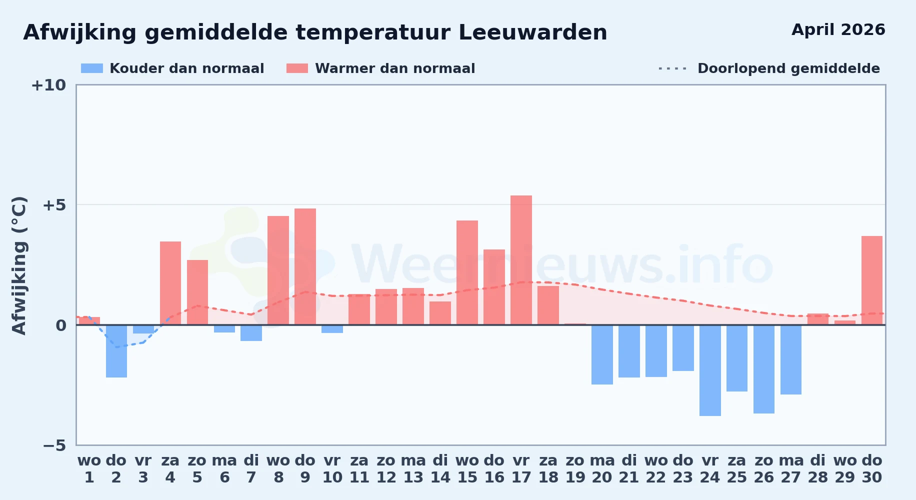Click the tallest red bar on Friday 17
click(x=521, y=260)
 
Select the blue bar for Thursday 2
click(x=116, y=351)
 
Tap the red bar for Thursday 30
click(x=872, y=280)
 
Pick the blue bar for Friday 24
click(x=710, y=370)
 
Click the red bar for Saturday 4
click(x=170, y=283)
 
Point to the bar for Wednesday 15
click(x=467, y=272)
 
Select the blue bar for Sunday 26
click(x=764, y=369)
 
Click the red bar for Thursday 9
click(x=305, y=266)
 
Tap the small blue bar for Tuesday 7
click(x=251, y=333)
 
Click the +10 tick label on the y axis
click(x=48, y=85)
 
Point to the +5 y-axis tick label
click(x=54, y=205)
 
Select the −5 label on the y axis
click(x=54, y=445)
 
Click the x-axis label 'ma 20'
click(x=602, y=468)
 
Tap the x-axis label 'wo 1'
click(x=89, y=468)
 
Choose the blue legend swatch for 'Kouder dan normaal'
click(x=92, y=68)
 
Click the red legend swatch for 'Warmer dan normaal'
click(x=297, y=68)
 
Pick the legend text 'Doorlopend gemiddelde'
click(x=788, y=68)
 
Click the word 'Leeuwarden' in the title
click(x=532, y=32)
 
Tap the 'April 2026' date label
click(x=838, y=30)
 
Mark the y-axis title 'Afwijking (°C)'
click(x=19, y=265)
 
